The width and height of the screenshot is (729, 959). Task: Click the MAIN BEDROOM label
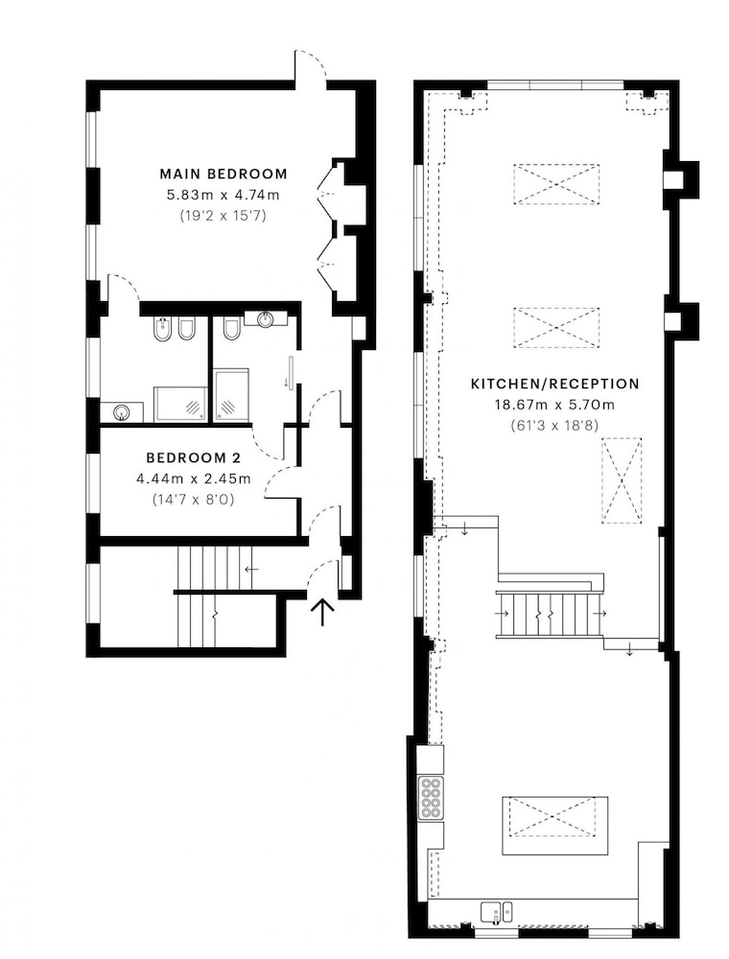click(223, 174)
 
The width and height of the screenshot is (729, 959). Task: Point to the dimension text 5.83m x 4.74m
click(223, 195)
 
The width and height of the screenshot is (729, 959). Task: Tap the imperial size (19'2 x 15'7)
click(223, 215)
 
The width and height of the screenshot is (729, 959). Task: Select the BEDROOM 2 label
click(193, 457)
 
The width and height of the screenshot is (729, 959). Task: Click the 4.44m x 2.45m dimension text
click(193, 479)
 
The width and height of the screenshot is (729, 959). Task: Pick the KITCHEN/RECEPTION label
click(554, 385)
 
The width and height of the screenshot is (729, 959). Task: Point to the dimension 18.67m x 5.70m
click(554, 405)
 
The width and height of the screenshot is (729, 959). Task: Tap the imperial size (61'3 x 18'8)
click(554, 425)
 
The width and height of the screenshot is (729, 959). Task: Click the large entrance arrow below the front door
click(322, 612)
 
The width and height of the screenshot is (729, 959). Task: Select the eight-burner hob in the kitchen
click(431, 797)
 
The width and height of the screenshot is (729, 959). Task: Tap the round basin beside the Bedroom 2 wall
click(122, 412)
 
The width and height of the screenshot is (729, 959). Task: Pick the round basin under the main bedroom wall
click(265, 318)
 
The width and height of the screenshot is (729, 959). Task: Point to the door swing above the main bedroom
click(312, 63)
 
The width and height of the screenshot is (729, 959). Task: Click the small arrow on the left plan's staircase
click(251, 570)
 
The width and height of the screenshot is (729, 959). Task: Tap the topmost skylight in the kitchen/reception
click(556, 184)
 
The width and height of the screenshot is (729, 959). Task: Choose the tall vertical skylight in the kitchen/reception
click(622, 480)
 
